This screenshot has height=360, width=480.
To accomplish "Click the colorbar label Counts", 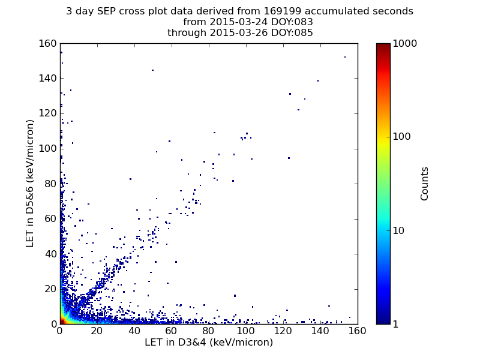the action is click(x=424, y=184).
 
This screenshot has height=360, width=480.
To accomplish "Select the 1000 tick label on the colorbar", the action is click(x=404, y=43).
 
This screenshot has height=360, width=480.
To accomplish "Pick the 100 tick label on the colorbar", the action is click(x=401, y=137).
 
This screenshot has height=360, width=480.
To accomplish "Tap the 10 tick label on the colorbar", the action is click(x=398, y=230).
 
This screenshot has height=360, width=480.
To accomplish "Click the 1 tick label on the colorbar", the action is click(x=395, y=324).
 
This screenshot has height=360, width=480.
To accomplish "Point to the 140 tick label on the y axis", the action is click(x=48, y=79).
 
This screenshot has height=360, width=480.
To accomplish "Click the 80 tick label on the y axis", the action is click(x=51, y=184).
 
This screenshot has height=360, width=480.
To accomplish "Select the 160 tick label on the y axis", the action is click(x=48, y=43).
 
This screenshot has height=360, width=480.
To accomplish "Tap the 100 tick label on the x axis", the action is click(x=246, y=331).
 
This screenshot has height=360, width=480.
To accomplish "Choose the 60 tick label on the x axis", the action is click(x=172, y=331).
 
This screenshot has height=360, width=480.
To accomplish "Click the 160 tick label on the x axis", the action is click(x=357, y=331).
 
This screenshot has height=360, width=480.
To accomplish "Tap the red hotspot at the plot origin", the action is click(x=62, y=321).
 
